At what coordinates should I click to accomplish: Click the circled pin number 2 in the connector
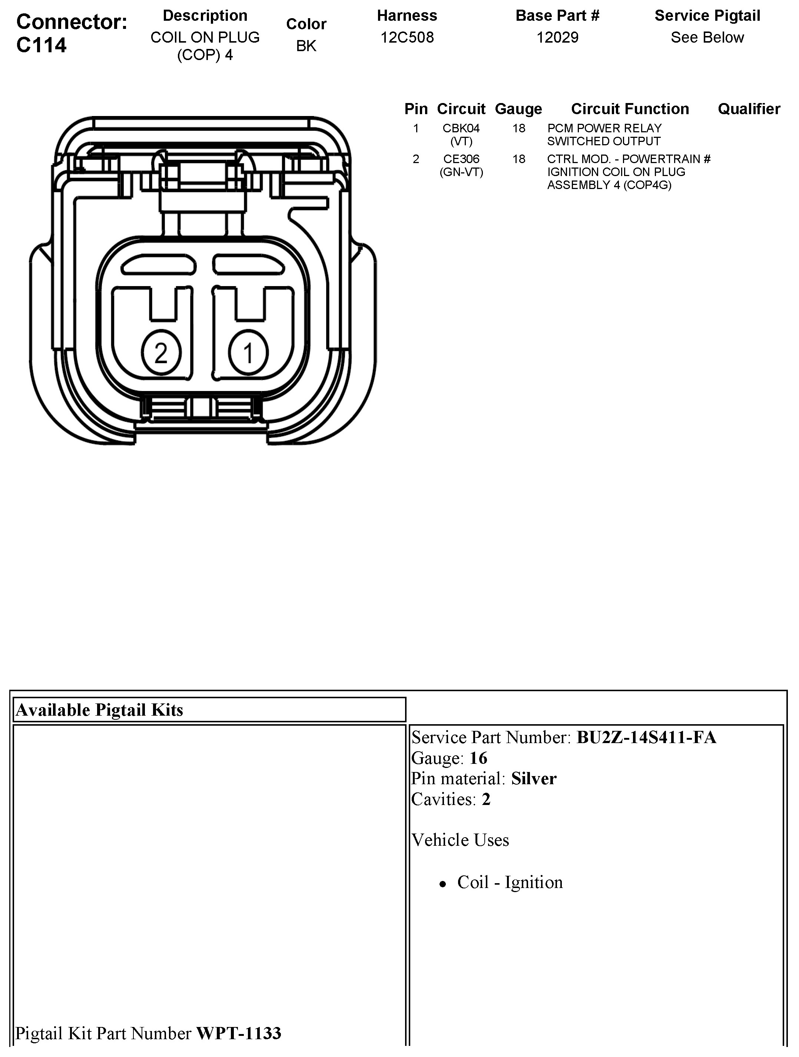point(161,353)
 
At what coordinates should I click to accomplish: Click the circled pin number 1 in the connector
point(248,353)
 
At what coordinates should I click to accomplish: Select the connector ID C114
point(42,45)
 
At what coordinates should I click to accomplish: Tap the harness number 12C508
point(407,37)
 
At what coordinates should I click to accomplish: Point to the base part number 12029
point(557,37)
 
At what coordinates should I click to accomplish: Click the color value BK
point(306,46)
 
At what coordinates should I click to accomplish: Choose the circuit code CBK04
point(461,128)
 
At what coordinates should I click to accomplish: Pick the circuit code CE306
point(461,159)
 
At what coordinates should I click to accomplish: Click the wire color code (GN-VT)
point(461,172)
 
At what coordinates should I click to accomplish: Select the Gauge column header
point(518,109)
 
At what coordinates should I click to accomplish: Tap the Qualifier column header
point(749,109)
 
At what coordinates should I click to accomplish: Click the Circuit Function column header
point(630,109)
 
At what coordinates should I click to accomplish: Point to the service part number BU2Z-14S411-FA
point(646,737)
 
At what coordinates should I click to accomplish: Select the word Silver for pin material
point(534,778)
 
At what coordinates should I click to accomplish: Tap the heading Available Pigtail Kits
point(99,710)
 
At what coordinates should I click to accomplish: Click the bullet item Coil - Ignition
point(510,882)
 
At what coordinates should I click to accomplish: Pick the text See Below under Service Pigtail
point(707,37)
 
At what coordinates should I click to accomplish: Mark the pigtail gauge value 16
point(478,758)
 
